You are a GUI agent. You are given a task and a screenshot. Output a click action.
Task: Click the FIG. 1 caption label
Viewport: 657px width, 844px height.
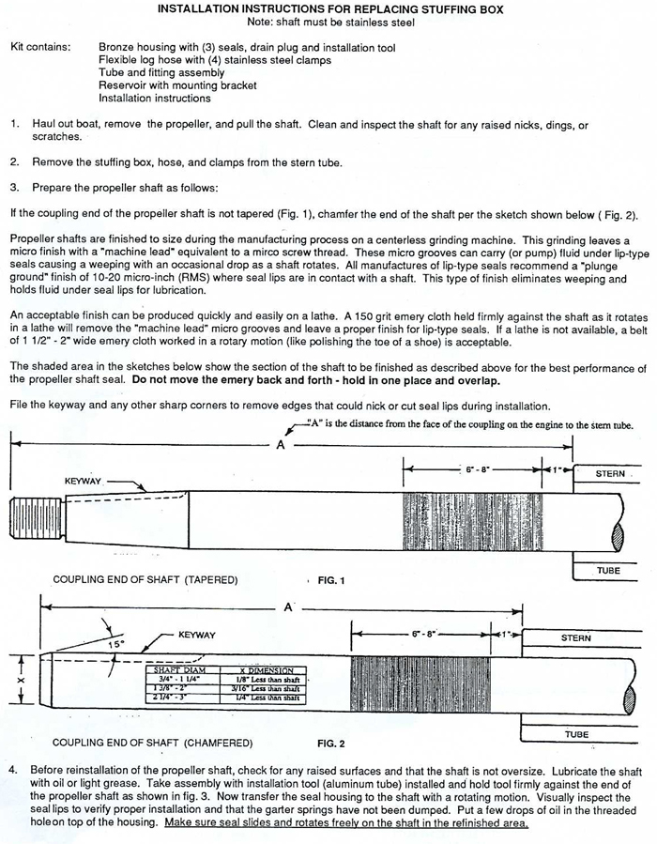(x=331, y=581)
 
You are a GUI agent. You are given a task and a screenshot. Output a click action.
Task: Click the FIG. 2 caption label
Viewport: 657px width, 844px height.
(x=330, y=744)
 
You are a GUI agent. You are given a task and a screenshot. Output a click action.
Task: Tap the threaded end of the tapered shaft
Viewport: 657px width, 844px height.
(x=29, y=518)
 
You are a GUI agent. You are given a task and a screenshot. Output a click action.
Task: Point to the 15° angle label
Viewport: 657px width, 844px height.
(x=115, y=645)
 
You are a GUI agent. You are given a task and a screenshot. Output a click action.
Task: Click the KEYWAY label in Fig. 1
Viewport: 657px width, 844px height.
(x=83, y=482)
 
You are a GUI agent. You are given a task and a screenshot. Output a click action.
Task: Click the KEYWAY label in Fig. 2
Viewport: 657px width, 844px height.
(x=196, y=636)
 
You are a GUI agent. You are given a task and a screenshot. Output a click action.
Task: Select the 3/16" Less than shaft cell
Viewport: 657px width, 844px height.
(x=266, y=688)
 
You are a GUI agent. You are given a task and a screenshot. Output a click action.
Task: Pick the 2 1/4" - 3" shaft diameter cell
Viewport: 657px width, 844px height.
(x=170, y=698)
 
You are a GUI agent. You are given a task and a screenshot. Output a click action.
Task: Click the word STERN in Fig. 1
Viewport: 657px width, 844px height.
(x=610, y=474)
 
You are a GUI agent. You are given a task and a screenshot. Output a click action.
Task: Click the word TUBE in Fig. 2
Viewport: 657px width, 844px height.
(x=577, y=733)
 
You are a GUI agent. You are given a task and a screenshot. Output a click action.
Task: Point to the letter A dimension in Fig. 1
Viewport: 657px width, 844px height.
(x=280, y=445)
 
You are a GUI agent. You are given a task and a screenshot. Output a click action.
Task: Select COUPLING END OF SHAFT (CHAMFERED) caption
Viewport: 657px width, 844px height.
(x=153, y=744)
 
